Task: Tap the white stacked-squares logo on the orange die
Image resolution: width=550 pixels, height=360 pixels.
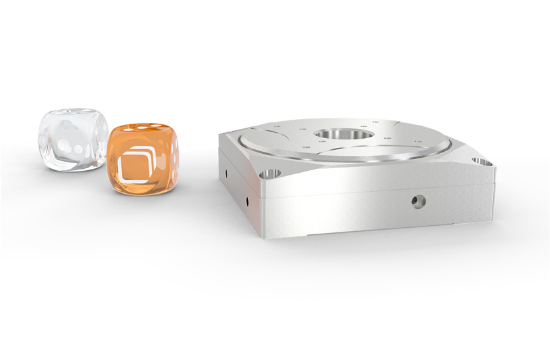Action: (136, 163)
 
